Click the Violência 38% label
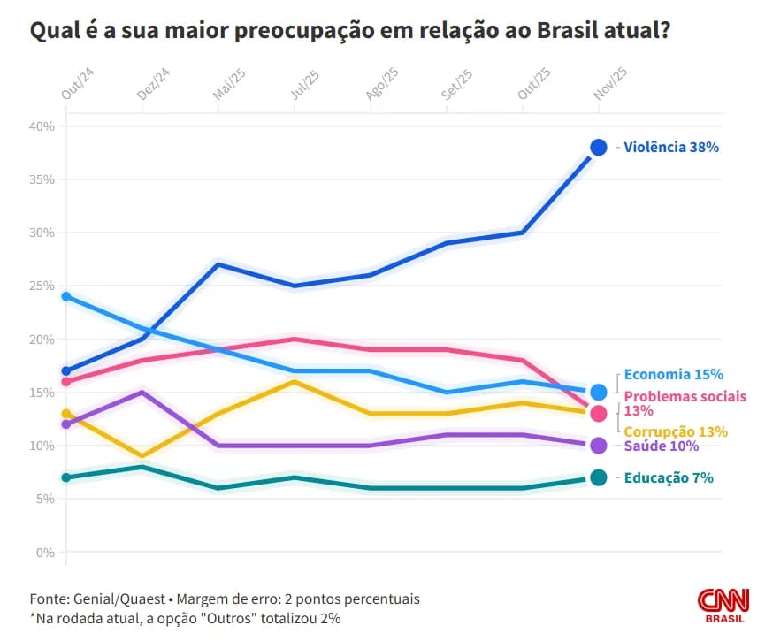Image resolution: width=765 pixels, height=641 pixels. point(671,148)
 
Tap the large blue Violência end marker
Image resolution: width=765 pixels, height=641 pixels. point(599,148)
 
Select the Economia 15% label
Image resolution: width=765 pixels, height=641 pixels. point(673,374)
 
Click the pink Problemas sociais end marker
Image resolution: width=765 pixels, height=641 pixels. point(599,414)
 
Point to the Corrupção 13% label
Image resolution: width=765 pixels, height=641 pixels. point(676,431)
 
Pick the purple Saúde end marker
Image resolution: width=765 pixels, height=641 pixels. point(599,446)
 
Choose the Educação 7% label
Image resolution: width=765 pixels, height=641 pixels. point(669,478)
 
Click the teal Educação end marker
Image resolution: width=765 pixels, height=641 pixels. point(599,478)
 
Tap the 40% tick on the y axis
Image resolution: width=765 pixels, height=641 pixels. point(42,126)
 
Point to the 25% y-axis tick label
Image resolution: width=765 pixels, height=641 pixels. point(42,286)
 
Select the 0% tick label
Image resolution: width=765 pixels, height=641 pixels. point(44,553)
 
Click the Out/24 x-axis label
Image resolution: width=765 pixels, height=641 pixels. point(72,84)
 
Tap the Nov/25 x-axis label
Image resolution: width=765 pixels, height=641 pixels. point(609,84)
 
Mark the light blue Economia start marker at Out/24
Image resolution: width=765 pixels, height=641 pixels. point(66,296)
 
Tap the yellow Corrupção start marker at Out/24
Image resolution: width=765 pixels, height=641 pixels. point(66,414)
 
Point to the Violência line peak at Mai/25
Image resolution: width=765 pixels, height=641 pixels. point(218,264)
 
